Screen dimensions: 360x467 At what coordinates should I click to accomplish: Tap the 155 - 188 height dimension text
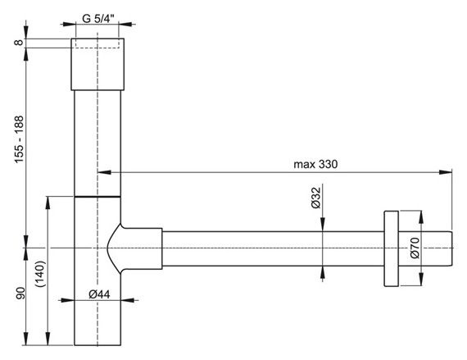(x=16, y=139)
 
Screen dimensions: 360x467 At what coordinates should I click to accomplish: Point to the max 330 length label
(x=316, y=163)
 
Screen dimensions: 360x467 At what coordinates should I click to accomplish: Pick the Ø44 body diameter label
(x=98, y=294)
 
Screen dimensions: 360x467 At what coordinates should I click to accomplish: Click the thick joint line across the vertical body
(x=97, y=198)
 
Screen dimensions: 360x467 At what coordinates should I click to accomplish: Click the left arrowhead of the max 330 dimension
(x=103, y=172)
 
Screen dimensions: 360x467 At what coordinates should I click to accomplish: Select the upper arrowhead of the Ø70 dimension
(x=423, y=215)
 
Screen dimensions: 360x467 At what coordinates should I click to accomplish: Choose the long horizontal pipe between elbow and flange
(x=270, y=248)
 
